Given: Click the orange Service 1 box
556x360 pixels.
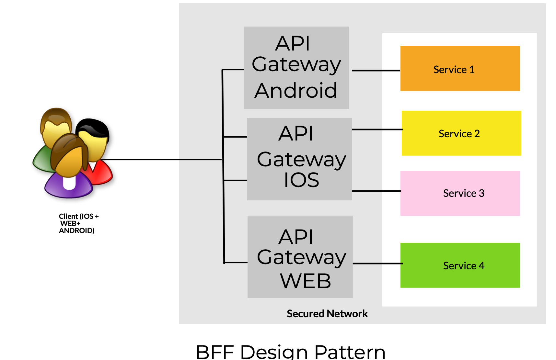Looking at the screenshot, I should [460, 68].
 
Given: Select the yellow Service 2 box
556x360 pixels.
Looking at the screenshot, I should [461, 133].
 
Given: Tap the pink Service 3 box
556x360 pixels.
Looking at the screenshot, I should [460, 193].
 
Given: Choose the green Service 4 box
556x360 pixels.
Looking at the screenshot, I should [460, 265].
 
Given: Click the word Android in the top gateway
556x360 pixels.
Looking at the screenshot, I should [295, 90].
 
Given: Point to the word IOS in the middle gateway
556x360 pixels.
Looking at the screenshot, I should [301, 180].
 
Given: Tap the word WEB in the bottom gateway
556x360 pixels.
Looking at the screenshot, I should [305, 281].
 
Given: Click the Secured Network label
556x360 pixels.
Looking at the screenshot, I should [327, 313].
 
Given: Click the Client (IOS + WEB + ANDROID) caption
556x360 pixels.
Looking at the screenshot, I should [78, 223].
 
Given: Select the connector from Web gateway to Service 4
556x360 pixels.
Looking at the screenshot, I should [377, 264].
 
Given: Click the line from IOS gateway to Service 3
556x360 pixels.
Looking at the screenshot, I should [376, 191].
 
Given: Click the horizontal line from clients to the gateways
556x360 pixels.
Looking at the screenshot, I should [162, 159].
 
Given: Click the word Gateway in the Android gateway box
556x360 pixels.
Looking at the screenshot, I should [296, 64].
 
